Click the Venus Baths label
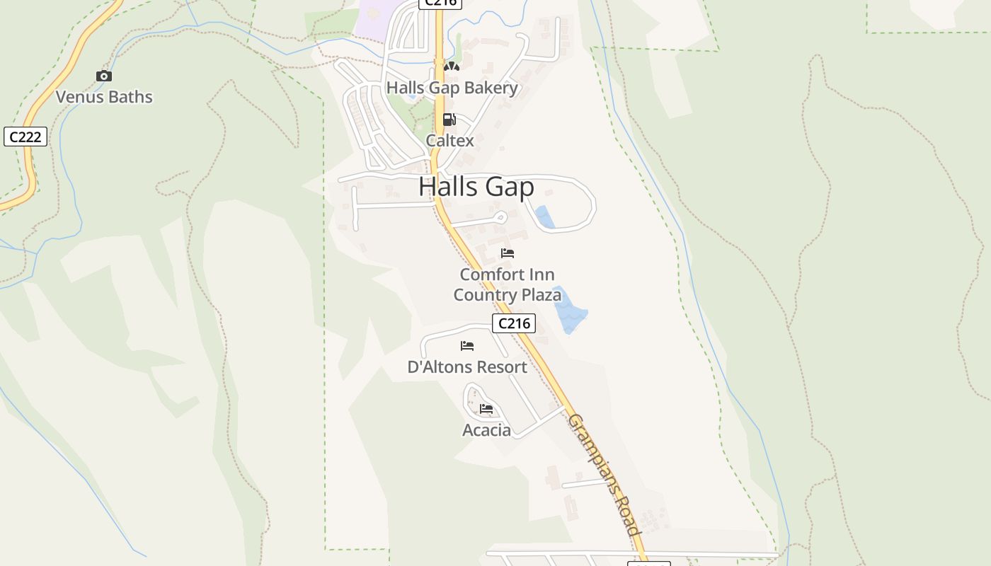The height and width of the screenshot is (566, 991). (x=104, y=97)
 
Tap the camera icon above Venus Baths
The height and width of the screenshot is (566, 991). (x=104, y=76)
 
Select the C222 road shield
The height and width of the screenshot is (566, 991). (x=25, y=137)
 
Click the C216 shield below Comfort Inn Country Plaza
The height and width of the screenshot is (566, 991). (x=514, y=323)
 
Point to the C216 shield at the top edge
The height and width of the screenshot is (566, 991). (x=440, y=3)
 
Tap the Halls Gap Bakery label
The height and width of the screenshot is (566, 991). (x=452, y=88)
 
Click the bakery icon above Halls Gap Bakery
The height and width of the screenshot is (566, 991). (x=452, y=67)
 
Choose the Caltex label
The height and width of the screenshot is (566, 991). (x=449, y=140)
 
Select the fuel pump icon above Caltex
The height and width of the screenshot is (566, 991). (x=449, y=120)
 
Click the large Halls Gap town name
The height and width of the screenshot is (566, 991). (x=476, y=187)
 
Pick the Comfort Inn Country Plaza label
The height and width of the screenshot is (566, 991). (x=507, y=284)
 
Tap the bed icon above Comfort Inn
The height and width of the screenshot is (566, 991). (x=507, y=253)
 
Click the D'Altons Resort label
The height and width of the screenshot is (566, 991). (x=467, y=367)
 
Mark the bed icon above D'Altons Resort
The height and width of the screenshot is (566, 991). (x=467, y=346)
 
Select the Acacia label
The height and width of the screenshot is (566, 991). (x=486, y=430)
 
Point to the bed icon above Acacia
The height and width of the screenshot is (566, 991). (x=486, y=409)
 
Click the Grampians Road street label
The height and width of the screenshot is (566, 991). (x=604, y=475)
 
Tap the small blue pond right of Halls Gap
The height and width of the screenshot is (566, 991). (x=544, y=217)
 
